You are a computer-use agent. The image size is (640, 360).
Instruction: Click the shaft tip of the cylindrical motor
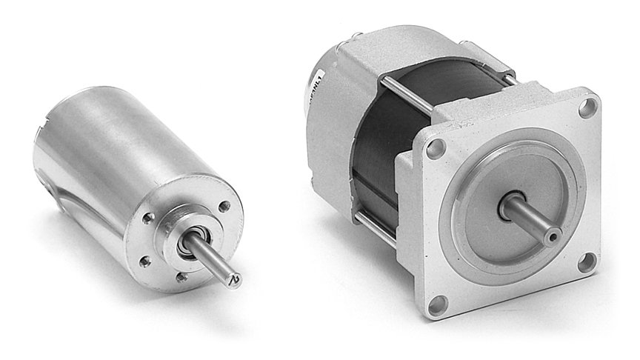click(235, 279)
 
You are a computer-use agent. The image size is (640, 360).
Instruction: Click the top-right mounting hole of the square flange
click(587, 107)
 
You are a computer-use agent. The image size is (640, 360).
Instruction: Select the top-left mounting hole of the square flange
click(436, 147)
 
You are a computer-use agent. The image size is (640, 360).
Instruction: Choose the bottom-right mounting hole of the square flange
click(587, 261)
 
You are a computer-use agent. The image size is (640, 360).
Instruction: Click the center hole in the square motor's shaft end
click(550, 238)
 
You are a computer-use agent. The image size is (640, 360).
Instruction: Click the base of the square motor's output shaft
click(509, 210)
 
